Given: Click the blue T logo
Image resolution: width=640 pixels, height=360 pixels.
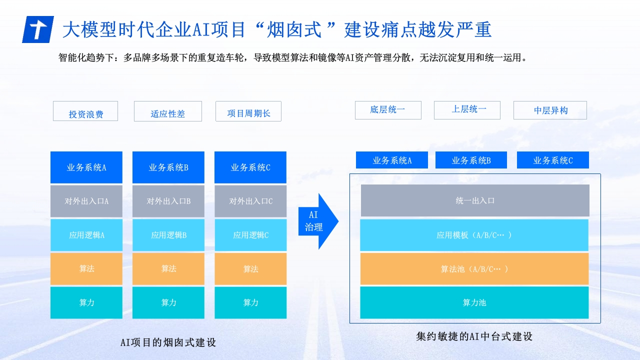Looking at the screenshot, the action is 38,29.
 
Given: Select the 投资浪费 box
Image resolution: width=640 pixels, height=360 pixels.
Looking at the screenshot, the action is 85,111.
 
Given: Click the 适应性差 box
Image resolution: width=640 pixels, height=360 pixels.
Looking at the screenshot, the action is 168,111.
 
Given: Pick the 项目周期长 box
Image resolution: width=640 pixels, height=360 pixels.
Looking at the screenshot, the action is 248,111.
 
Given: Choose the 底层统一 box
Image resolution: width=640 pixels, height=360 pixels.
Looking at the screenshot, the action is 388,110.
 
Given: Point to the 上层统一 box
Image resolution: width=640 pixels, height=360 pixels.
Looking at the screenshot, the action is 467,110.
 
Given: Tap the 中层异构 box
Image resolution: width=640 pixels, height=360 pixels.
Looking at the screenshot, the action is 550,110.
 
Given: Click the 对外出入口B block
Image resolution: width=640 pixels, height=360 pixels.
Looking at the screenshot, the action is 168,201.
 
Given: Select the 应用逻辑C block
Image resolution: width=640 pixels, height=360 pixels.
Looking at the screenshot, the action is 250,235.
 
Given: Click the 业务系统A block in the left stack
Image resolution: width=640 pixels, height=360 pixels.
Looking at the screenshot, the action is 86,167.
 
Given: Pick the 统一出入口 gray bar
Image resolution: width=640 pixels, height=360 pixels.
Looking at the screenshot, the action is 475,200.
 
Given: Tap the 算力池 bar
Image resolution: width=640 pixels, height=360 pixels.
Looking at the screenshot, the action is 474,302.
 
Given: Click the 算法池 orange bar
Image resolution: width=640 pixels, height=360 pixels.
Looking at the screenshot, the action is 474,269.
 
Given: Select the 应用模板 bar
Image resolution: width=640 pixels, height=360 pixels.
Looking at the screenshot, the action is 474,235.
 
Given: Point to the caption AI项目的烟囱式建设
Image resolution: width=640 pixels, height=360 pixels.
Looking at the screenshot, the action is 168,342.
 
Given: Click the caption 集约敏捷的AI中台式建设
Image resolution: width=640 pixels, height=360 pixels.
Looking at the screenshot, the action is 474,336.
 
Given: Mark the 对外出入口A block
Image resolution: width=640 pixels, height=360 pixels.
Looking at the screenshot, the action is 86,201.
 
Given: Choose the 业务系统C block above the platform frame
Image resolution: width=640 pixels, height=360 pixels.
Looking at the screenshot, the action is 553,160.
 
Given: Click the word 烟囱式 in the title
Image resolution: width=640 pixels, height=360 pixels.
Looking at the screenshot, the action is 294,29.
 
